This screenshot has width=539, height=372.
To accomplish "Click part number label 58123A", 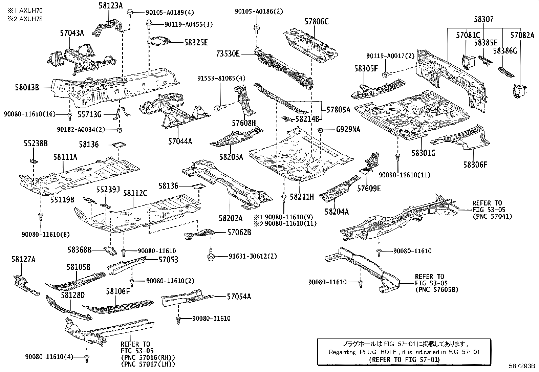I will click(111, 5).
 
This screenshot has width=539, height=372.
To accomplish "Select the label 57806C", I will click(316, 22).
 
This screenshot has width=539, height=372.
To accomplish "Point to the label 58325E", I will click(196, 43).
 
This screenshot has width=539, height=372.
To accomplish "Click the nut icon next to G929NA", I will click(320, 130).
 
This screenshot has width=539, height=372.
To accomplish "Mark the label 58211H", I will click(302, 196).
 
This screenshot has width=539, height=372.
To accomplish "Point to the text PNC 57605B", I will click(437, 289).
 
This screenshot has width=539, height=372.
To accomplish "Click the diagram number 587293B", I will click(522, 366).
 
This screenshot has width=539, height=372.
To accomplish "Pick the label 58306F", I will click(475, 165).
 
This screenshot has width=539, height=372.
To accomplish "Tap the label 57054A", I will click(239, 297).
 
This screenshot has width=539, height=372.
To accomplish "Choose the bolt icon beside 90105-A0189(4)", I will click(130, 13).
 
